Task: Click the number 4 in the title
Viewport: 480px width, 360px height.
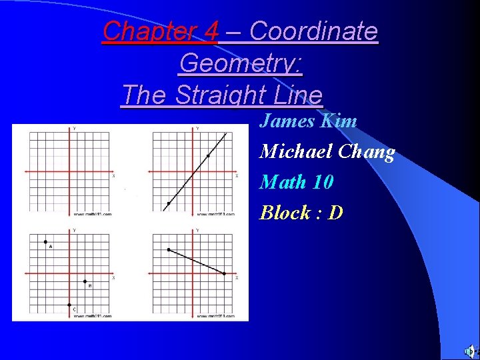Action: point(212,31)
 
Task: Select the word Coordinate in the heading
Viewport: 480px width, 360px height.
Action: point(313,31)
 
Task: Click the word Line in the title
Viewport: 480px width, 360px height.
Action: point(298,95)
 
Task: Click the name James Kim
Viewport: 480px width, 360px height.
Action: point(308,121)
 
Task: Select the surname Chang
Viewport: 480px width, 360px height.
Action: point(366,152)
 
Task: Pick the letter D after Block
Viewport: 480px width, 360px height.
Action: point(336,213)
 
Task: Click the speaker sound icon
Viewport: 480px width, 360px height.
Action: point(470,351)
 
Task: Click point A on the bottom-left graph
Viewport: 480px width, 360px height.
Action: point(45,241)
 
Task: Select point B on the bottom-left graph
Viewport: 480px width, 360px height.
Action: point(85,281)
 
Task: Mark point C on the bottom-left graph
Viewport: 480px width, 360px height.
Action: point(69,305)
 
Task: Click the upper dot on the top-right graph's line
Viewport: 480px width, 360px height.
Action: point(208,156)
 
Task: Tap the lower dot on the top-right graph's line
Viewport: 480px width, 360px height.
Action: point(168,203)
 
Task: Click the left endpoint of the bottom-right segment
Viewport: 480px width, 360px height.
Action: point(169,250)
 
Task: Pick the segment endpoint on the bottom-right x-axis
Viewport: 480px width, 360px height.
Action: point(224,273)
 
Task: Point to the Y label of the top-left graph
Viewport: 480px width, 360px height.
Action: point(74,128)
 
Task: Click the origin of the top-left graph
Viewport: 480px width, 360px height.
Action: point(69,172)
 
